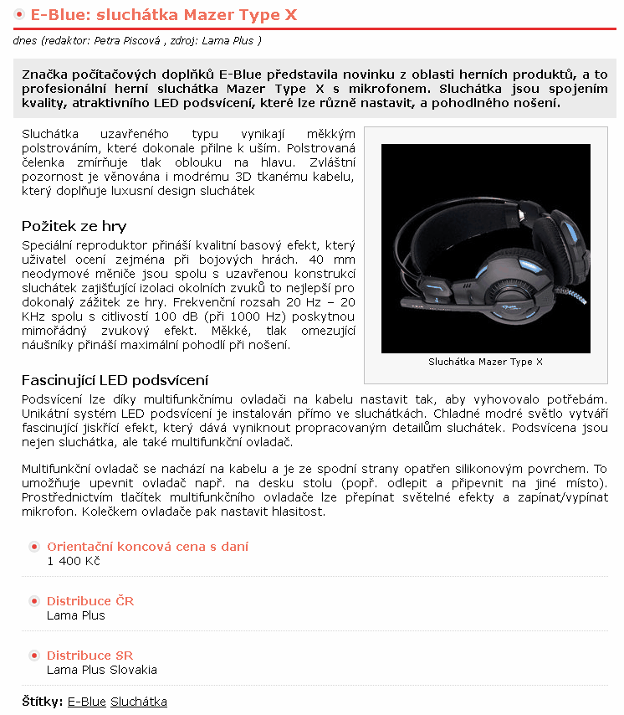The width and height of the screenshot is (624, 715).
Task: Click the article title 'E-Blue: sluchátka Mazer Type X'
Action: point(163,15)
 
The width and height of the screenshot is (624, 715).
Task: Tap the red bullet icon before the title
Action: point(19,15)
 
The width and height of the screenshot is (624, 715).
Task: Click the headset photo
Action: point(485,248)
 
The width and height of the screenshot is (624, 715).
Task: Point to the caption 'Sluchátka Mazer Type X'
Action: point(485,362)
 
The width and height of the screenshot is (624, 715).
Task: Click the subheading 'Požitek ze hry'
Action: point(74,226)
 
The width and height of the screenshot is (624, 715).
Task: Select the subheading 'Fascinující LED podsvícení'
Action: point(115,380)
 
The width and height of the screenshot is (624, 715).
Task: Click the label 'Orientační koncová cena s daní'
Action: point(147,547)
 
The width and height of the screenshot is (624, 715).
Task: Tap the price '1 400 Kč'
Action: point(73,561)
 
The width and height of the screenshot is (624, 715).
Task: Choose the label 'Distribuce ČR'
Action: point(90,601)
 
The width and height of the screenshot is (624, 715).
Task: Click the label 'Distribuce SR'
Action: point(90,656)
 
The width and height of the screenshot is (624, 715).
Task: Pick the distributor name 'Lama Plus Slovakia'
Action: point(101,670)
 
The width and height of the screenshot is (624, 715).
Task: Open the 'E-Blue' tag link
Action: point(86,702)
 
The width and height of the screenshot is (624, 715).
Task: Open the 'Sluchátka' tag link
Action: point(139,702)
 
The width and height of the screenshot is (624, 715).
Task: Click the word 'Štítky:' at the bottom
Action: point(42,702)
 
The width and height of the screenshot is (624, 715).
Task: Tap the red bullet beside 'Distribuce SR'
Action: point(34,656)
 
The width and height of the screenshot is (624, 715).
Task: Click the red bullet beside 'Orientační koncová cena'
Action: point(34,547)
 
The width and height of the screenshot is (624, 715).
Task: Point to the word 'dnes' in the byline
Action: point(24,40)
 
